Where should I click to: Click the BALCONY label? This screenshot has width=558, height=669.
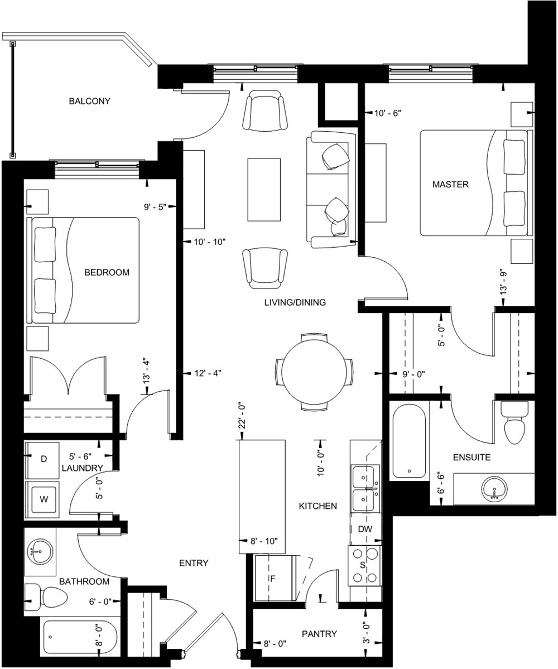pos(90,101)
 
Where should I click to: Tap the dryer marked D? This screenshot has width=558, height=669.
pos(42,460)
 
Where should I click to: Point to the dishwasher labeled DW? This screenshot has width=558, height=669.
pos(365,529)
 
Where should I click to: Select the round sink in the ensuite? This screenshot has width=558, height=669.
pos(495,489)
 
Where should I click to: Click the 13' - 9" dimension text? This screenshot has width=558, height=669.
pos(504,282)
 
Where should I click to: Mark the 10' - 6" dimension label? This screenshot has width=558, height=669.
pos(388,113)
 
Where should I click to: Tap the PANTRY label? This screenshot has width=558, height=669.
pos(320,634)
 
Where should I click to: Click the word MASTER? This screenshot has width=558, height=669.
pos(450,184)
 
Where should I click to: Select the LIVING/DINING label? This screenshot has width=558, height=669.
pos(295,302)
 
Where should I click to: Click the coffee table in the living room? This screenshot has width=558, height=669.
pos(264,190)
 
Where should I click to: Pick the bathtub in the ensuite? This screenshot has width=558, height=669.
pos(409,440)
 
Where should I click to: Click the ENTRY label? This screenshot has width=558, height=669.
pos(194,563)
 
